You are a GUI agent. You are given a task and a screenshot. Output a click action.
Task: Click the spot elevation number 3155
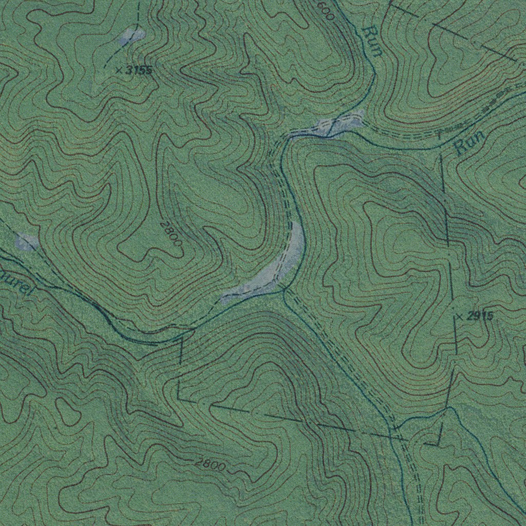pyautogui.click(x=139, y=70)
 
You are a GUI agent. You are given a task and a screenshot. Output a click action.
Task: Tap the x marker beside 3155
pyautogui.click(x=119, y=70)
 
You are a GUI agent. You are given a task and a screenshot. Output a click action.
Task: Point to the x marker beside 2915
pyautogui.click(x=459, y=316)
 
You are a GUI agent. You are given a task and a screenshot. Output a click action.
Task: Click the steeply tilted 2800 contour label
pyautogui.click(x=171, y=232)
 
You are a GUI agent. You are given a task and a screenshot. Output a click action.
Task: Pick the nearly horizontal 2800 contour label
pyautogui.click(x=210, y=465)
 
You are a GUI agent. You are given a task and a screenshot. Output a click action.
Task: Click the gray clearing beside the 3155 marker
pyautogui.click(x=132, y=36)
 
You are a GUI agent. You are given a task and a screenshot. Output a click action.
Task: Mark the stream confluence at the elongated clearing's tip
pyautogui.click(x=284, y=290)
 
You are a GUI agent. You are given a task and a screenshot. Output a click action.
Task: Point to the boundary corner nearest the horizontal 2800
pyautogui.click(x=178, y=398)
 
